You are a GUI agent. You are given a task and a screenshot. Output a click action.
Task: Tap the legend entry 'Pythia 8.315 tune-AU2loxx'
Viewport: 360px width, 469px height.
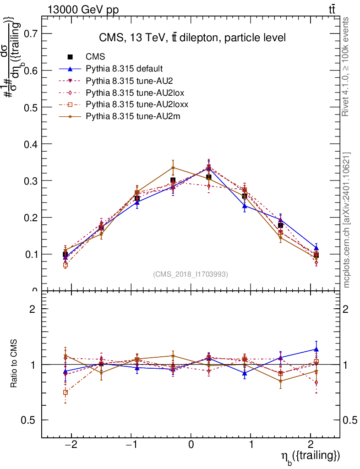pyautogui.click(x=137, y=104)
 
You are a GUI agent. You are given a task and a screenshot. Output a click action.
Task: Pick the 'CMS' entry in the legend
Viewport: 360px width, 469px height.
pyautogui.click(x=95, y=57)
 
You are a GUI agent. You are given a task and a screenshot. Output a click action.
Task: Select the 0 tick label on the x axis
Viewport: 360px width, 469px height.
pyautogui.click(x=191, y=444)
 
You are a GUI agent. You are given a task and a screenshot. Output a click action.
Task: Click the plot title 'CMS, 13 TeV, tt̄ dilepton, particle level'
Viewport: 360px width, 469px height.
pyautogui.click(x=192, y=38)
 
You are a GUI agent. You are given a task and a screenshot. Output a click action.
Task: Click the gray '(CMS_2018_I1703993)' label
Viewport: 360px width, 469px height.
pyautogui.click(x=191, y=274)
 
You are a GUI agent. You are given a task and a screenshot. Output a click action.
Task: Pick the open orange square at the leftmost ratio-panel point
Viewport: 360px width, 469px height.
pyautogui.click(x=65, y=392)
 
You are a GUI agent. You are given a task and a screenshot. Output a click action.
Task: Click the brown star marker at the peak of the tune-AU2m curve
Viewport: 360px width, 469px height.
pyautogui.click(x=173, y=168)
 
